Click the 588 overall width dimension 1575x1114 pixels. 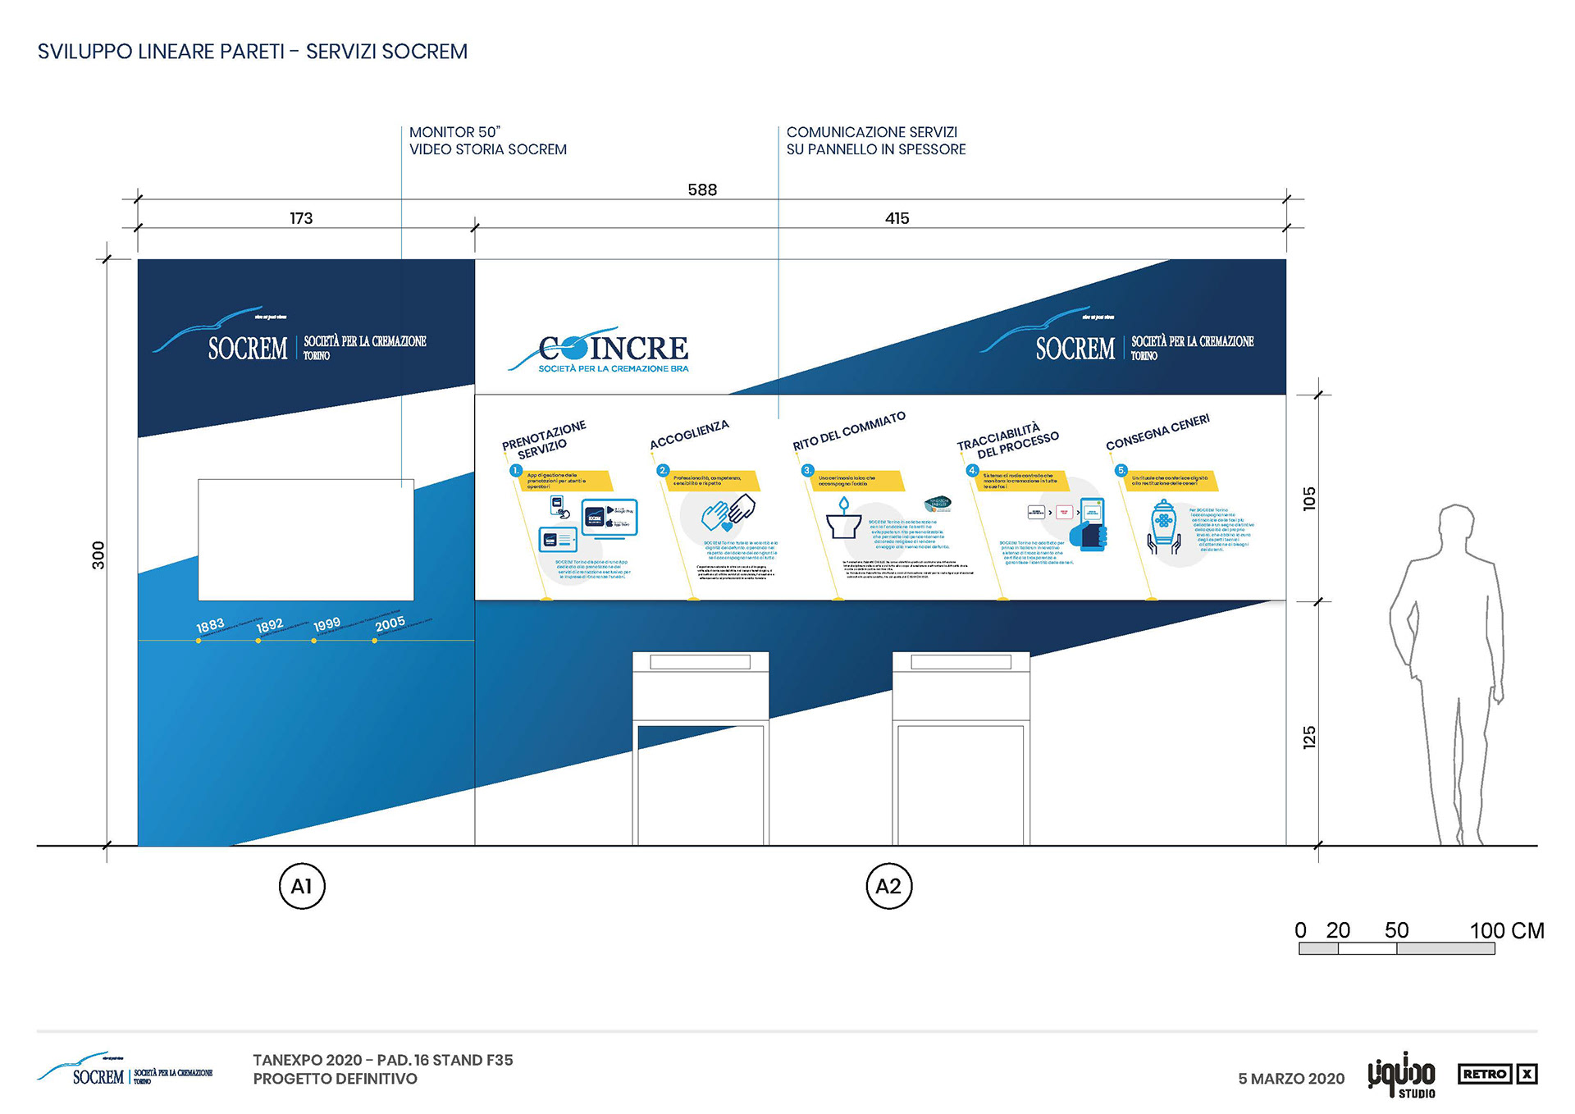point(702,189)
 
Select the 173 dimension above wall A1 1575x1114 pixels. point(301,218)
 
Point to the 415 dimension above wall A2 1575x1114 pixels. point(897,218)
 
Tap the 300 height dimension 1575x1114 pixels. point(98,555)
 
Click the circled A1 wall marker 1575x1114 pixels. point(302,886)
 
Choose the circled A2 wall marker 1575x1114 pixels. point(888,886)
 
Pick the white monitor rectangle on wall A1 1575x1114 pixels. point(306,540)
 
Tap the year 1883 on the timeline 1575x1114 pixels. point(210,626)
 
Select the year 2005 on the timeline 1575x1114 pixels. point(390,623)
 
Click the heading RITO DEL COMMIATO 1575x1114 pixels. point(849,431)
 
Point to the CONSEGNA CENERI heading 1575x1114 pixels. point(1157,432)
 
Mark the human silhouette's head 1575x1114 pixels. point(1456,526)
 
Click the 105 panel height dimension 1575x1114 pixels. point(1309,498)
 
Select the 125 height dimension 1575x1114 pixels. point(1309,737)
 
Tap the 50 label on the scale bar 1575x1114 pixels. point(1396,930)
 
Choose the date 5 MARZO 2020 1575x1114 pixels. point(1291,1079)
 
